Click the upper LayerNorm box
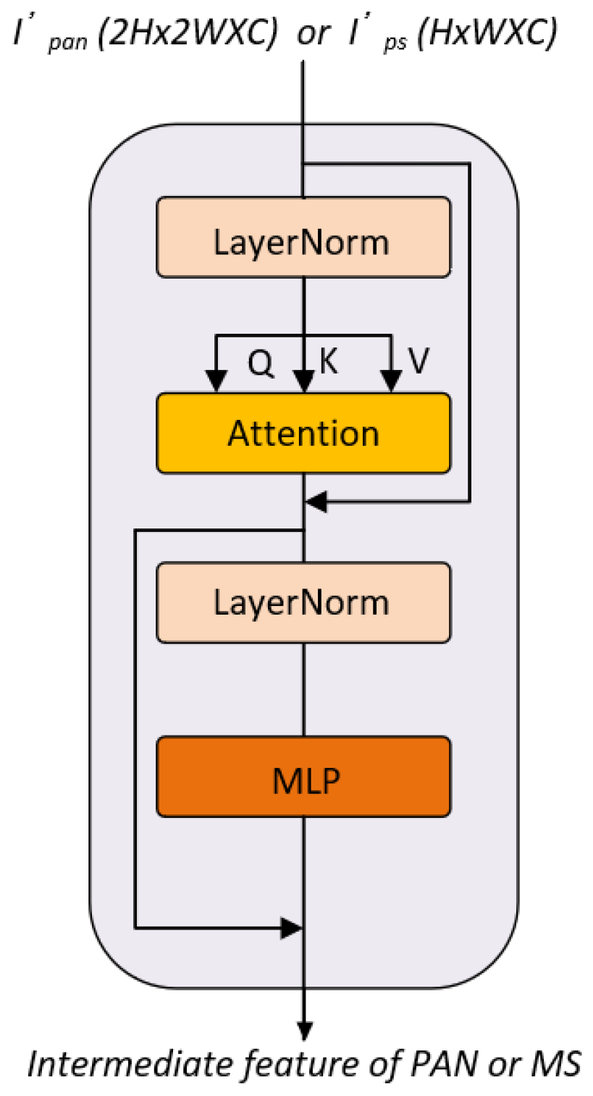pyautogui.click(x=303, y=237)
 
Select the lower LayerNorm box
pyautogui.click(x=303, y=602)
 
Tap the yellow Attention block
pyautogui.click(x=303, y=433)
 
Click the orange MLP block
pyautogui.click(x=303, y=777)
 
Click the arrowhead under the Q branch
pyautogui.click(x=215, y=381)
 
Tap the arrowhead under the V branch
pyautogui.click(x=392, y=381)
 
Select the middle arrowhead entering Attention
pyautogui.click(x=304, y=382)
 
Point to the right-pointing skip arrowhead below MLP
pyautogui.click(x=292, y=927)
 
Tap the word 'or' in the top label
pyautogui.click(x=312, y=35)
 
